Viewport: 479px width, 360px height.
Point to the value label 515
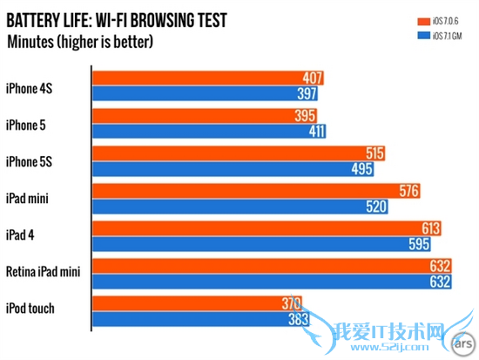[374, 153]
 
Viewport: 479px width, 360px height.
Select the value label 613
[430, 228]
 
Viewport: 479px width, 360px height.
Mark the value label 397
[307, 93]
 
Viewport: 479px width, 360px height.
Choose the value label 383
[298, 319]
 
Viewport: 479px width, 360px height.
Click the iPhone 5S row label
[30, 160]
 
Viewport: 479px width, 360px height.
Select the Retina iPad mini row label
[43, 273]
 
